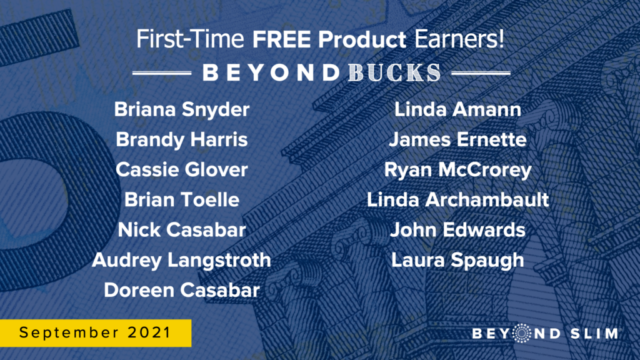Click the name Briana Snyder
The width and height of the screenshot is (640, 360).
point(182,110)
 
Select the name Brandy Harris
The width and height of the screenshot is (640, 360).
point(182,139)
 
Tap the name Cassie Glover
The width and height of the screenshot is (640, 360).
point(182,169)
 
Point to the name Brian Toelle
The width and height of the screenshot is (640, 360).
point(182,199)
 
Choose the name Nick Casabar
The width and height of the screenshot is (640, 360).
point(182,230)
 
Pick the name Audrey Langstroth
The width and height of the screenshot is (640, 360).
point(182,261)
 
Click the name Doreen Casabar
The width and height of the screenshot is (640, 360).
point(182,290)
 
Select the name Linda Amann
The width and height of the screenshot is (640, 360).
point(457,109)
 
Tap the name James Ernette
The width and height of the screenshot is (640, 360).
point(457,139)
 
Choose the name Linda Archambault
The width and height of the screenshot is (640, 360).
point(457,199)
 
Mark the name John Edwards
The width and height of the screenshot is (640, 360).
point(457,230)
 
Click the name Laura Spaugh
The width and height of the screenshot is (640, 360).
point(457,261)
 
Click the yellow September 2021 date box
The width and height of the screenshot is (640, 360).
point(96,333)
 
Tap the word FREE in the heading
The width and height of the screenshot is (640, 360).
point(281,39)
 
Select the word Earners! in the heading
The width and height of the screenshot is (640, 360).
point(459,39)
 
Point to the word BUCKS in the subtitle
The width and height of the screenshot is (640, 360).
point(394,73)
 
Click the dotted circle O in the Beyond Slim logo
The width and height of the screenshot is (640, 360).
point(521,333)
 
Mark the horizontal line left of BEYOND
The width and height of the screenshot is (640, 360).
point(162,73)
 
